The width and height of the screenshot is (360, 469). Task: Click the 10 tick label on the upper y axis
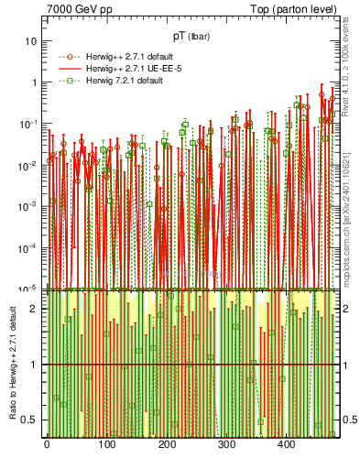[x=32, y=41]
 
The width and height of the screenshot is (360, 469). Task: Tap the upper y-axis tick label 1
[x=35, y=82]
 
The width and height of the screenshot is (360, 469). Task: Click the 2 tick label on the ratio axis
[x=35, y=310]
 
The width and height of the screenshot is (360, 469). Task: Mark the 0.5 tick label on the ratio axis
[x=30, y=420]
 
